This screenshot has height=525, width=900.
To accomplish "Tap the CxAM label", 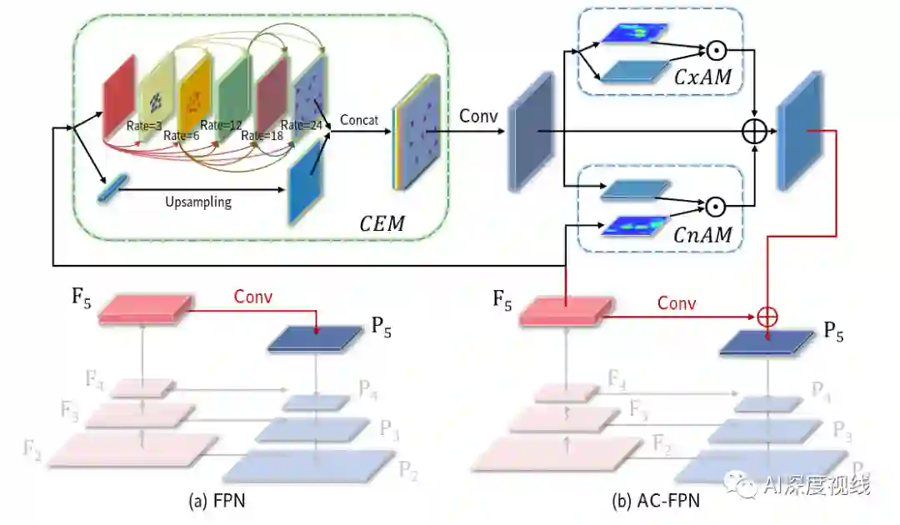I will [702, 77].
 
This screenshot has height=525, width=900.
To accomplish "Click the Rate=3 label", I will [143, 126].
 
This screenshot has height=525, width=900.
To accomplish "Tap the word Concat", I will [359, 120].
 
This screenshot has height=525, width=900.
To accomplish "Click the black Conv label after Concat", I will [478, 116].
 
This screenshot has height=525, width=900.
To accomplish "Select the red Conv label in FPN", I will [253, 296].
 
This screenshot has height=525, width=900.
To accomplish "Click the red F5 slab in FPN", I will [142, 307].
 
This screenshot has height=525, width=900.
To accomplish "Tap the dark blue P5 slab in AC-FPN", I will [767, 342].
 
